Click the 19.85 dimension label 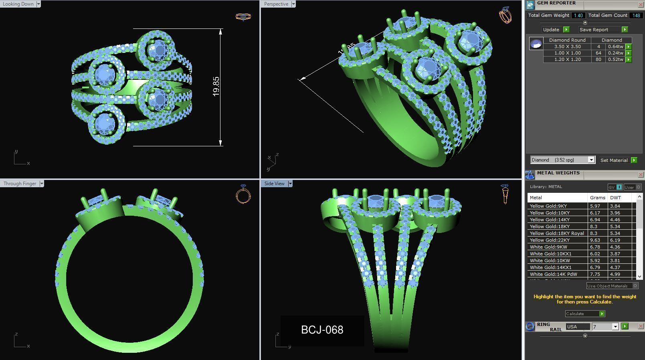click(216, 86)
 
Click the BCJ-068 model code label click(322, 330)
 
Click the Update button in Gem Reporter click(551, 30)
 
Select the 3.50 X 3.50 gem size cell click(567, 47)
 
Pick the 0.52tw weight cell click(615, 59)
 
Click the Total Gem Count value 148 click(636, 15)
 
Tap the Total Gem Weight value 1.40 click(578, 15)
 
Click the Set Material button click(614, 160)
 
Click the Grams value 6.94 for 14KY click(594, 220)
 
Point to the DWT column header click(615, 198)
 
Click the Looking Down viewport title click(18, 4)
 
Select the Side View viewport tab click(275, 184)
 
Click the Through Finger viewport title click(20, 184)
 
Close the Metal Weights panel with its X click(640, 175)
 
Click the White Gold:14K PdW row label click(553, 274)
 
